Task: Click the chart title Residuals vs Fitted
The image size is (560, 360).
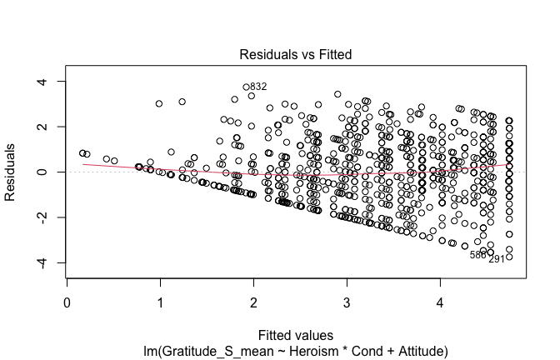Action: [x=296, y=54]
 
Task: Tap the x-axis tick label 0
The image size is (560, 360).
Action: [x=67, y=303]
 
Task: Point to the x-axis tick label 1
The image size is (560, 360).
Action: [x=161, y=303]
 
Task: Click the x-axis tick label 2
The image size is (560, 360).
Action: [x=253, y=303]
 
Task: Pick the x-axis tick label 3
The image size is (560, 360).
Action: [x=347, y=303]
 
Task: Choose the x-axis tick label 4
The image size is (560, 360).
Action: [x=440, y=303]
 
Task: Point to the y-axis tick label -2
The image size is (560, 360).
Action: [x=38, y=217]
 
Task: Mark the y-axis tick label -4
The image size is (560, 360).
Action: [x=38, y=263]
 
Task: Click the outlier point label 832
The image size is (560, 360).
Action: [x=258, y=87]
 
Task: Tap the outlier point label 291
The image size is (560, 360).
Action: [x=497, y=259]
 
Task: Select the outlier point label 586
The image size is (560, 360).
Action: [x=477, y=255]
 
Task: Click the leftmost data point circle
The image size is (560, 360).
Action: [x=82, y=153]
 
